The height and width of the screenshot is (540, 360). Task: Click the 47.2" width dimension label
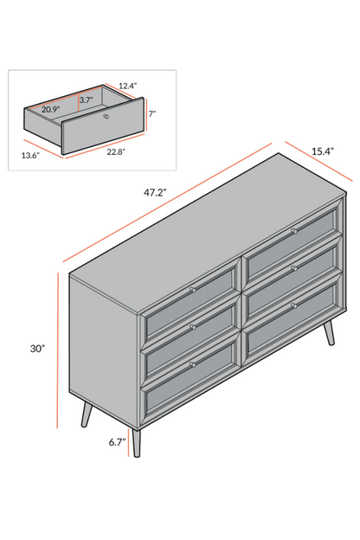[155, 192]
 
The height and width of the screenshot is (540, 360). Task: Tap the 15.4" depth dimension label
[323, 151]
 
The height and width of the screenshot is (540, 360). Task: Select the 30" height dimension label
[37, 349]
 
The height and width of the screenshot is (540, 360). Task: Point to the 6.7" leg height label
[117, 442]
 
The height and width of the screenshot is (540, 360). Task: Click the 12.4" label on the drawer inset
[128, 86]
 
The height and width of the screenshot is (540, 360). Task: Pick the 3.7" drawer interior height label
[87, 100]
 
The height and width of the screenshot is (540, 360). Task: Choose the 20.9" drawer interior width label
[51, 110]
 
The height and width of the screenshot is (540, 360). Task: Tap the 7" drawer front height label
[152, 113]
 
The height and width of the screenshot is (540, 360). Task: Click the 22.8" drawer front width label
[116, 151]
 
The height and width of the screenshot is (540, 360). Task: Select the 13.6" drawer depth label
[30, 155]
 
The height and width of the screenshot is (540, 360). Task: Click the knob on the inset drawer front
[106, 117]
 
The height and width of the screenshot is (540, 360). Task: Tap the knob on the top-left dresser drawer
[193, 290]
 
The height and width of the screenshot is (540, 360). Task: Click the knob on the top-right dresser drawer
[294, 231]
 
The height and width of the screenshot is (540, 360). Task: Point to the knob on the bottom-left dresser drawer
[193, 364]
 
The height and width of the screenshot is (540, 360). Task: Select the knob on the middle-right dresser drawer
[294, 268]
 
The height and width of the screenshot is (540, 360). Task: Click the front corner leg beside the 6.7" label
[137, 443]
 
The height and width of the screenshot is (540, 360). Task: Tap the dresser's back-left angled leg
[87, 415]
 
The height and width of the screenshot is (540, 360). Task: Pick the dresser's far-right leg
[330, 332]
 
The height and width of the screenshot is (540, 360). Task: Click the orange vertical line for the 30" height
[58, 350]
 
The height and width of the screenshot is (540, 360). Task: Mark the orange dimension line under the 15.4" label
[318, 161]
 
